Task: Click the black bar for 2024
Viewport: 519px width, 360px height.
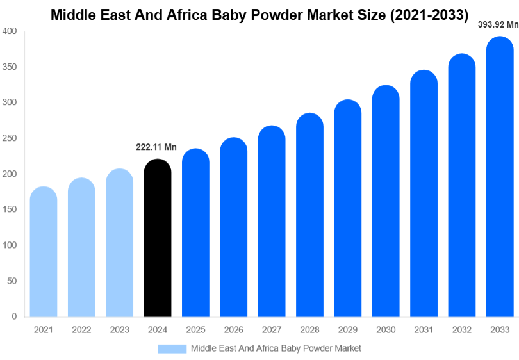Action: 158,238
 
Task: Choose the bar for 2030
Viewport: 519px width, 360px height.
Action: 386,201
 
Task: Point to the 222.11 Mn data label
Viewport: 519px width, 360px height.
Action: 156,147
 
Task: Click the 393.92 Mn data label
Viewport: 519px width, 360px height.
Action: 498,25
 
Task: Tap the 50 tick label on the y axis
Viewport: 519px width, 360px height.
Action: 12,281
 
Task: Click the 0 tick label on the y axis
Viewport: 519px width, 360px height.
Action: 14,316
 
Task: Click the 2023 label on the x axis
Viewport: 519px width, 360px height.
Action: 120,330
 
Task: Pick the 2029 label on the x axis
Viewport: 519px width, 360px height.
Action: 348,330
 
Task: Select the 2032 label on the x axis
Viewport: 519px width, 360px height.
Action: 461,330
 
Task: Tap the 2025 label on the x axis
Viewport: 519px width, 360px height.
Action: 195,330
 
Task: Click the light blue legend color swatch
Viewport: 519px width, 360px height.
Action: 172,348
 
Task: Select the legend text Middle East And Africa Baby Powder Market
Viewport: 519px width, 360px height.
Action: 276,348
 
